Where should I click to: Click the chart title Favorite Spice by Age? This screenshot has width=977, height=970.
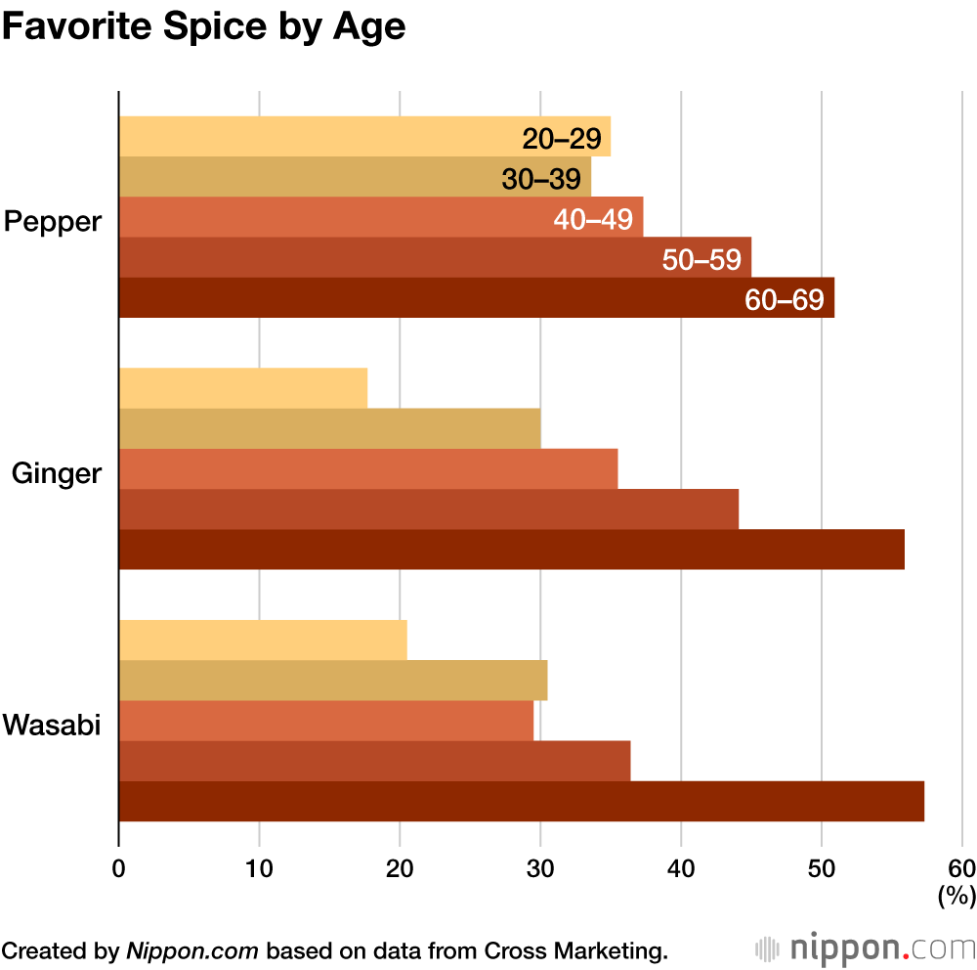pos(203,27)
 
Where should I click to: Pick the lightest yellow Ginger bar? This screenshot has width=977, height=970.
pos(243,388)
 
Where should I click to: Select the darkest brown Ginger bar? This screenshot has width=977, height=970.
pos(511,550)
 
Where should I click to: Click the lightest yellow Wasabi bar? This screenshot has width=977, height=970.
pos(263,640)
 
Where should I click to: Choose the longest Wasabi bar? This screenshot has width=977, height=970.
pos(521,802)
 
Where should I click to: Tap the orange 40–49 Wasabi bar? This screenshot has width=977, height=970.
pos(326,721)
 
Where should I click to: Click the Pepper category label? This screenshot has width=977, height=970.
pos(53,221)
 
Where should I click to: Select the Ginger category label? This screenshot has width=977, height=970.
pos(57,473)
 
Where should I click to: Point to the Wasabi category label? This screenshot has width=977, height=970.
pos(53,726)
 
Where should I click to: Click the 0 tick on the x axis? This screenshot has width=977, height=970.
pos(118,869)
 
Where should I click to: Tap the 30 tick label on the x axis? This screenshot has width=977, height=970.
pos(540,869)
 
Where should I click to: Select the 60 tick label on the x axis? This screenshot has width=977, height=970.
pos(961,869)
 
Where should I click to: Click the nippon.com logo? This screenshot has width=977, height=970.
pos(866,948)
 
